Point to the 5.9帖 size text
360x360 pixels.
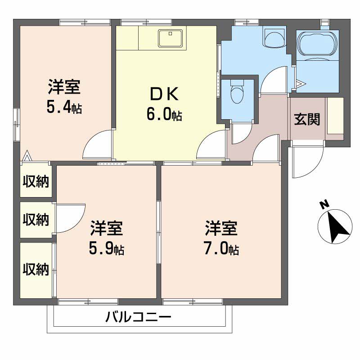[x=107, y=248]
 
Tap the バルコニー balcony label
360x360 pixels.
[x=139, y=318]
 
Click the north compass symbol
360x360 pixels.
[x=335, y=227]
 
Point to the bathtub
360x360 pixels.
[x=318, y=45]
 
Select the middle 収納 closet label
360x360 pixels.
[x=36, y=220]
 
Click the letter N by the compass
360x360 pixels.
[x=323, y=205]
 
